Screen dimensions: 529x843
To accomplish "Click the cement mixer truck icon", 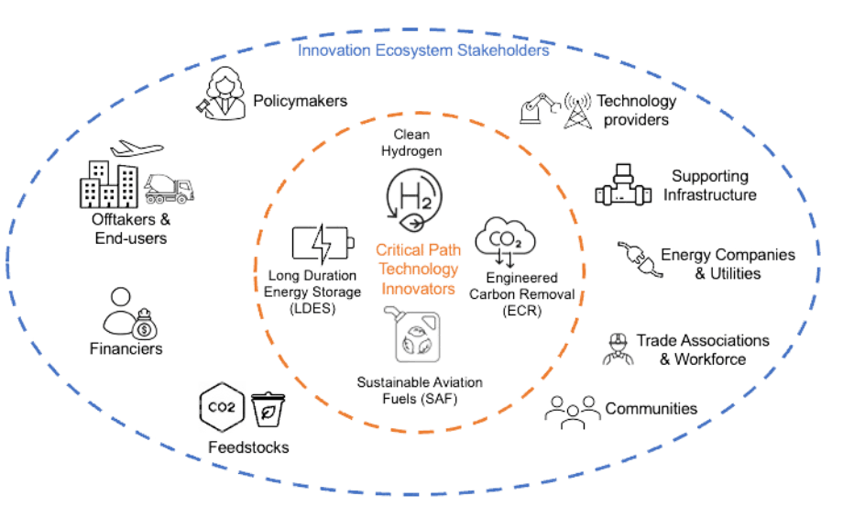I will pos(170,188).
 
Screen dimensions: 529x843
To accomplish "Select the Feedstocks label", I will pos(248,447).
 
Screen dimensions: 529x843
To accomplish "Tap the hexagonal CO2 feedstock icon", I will pos(218,404).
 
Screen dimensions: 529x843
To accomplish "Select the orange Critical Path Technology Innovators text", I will pos(418,268).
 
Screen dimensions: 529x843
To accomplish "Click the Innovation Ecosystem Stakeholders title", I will pos(423,51).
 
